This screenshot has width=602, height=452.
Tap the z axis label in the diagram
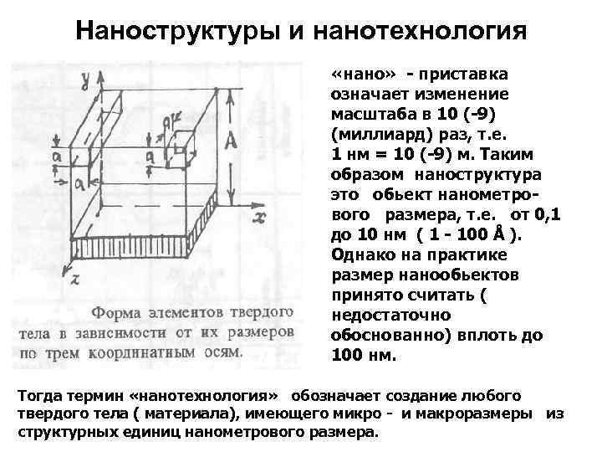74,280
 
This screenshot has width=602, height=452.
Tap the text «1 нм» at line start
353,154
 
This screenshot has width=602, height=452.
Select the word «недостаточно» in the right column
391,315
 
